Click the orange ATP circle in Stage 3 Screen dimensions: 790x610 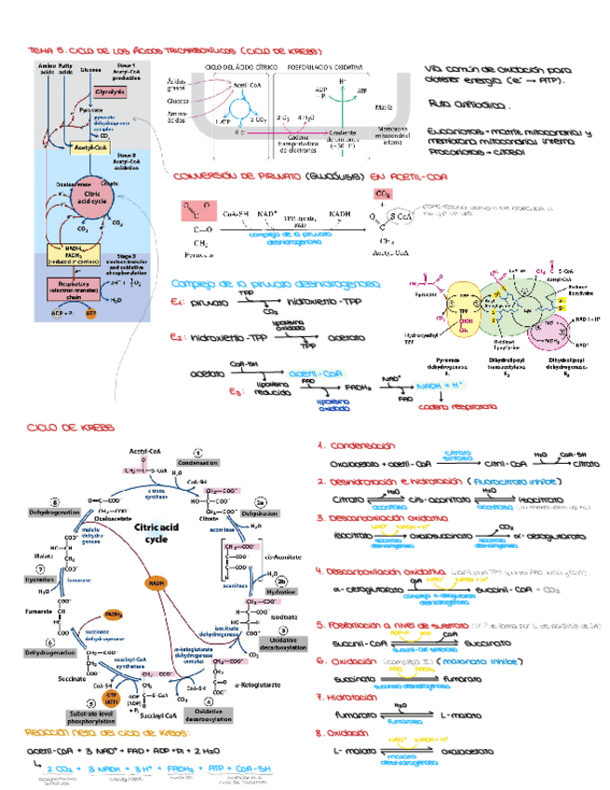coord(90,314)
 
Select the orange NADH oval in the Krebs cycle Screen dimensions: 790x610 coord(155,582)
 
